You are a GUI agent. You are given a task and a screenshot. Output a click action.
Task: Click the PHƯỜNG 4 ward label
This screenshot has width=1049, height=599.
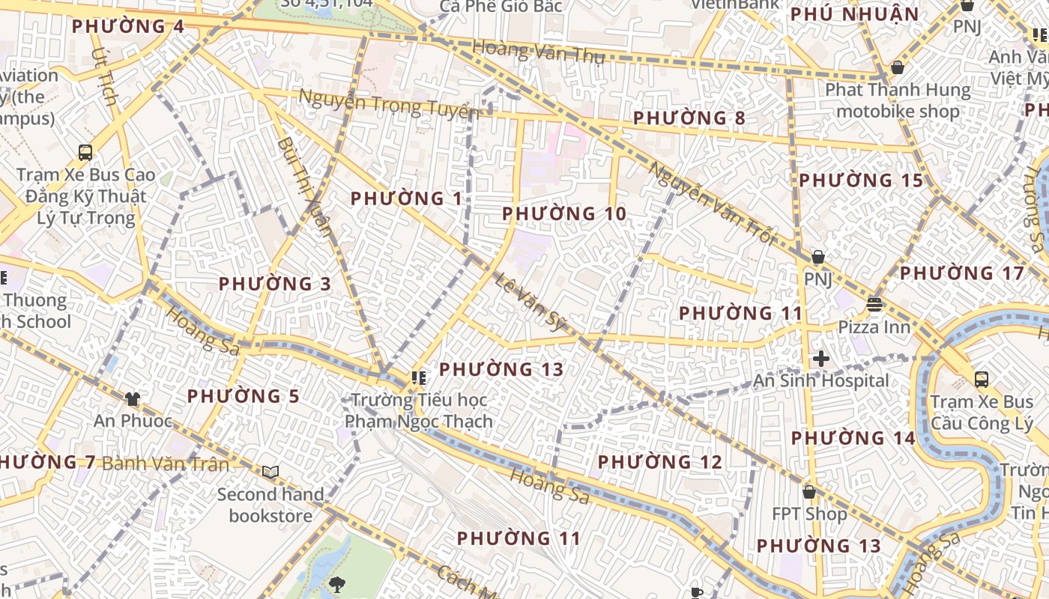pyautogui.click(x=127, y=26)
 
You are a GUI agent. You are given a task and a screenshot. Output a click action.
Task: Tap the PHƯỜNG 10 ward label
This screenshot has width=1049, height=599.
pyautogui.click(x=563, y=214)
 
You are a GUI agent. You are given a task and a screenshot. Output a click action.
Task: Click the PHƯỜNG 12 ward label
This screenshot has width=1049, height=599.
pyautogui.click(x=659, y=462)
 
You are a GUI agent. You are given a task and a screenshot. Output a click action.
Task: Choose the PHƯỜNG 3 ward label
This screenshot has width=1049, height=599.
pyautogui.click(x=274, y=284)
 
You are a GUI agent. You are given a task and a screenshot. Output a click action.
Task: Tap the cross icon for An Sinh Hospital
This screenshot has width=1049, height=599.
pyautogui.click(x=820, y=359)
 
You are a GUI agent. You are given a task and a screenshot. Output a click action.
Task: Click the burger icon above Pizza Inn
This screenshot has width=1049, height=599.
pyautogui.click(x=874, y=305)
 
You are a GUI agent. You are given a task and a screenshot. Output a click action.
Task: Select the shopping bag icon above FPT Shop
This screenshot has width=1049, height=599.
pyautogui.click(x=808, y=492)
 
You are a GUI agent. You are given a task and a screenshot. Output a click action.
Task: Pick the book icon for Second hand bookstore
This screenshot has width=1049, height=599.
pyautogui.click(x=270, y=472)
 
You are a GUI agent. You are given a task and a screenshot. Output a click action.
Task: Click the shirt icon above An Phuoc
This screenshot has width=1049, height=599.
pyautogui.click(x=133, y=399)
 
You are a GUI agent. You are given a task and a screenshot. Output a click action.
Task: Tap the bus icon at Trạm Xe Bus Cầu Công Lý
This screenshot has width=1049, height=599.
pyautogui.click(x=981, y=380)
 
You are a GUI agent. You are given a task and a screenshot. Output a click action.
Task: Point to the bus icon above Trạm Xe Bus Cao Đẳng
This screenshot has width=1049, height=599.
pyautogui.click(x=85, y=153)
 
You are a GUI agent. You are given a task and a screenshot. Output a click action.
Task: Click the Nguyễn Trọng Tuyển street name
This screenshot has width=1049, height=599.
pyautogui.click(x=388, y=104)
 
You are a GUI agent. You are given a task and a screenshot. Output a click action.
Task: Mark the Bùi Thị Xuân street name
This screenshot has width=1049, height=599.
pyautogui.click(x=304, y=185)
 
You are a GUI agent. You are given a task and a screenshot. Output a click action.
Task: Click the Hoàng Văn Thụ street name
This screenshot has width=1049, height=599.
pyautogui.click(x=538, y=52)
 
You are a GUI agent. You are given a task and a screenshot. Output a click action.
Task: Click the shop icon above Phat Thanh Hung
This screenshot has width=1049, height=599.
pyautogui.click(x=897, y=68)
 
